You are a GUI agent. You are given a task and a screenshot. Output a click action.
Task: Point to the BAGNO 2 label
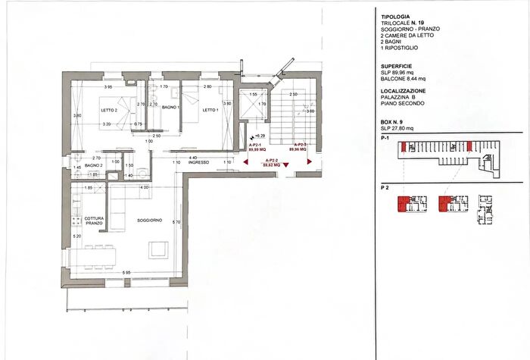93,165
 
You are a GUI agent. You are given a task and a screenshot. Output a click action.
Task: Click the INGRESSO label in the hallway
198,163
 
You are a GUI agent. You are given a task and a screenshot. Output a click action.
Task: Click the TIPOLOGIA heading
396,15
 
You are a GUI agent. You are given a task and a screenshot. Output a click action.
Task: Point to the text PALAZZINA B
404,99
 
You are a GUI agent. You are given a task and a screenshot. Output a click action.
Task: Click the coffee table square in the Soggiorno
159,249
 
